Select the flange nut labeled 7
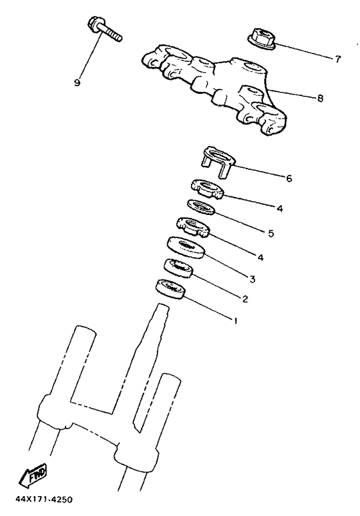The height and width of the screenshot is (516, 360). point(262,39)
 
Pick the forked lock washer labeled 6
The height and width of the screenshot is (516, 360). point(218,163)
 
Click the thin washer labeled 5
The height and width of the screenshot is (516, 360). point(201,207)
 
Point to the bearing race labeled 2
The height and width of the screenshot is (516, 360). point(178,268)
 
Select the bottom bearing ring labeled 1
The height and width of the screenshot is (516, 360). point(170,289)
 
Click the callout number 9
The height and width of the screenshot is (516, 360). point(77,82)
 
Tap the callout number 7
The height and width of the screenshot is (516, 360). point(337,59)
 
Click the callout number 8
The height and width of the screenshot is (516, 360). point(320,98)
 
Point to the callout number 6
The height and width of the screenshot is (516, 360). point(289,178)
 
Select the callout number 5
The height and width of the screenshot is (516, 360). point(271,234)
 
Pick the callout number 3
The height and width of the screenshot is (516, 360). point(252,279)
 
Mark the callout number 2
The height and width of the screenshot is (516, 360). point(245,299)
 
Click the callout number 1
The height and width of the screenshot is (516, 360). point(235,320)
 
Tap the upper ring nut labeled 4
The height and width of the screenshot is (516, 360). point(208,189)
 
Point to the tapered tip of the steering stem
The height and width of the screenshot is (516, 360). point(163,308)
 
